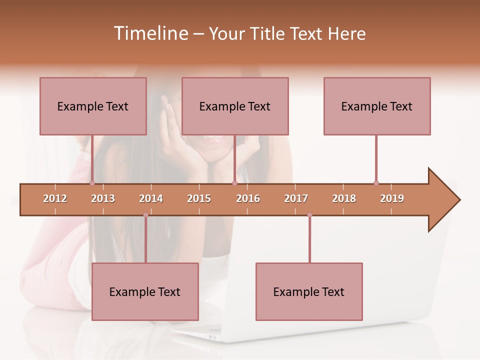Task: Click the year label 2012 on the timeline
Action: click(x=55, y=198)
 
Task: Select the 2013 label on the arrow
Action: click(x=103, y=198)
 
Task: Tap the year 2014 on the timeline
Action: click(x=151, y=198)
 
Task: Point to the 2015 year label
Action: click(x=199, y=198)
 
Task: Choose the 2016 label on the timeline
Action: click(x=248, y=198)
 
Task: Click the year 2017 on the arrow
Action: click(x=296, y=198)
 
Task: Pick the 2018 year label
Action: click(x=344, y=198)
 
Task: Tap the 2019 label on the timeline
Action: click(x=392, y=198)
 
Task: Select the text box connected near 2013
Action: click(x=93, y=106)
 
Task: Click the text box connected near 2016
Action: click(x=235, y=106)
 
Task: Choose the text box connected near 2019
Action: click(x=377, y=106)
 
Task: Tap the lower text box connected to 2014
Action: click(x=145, y=291)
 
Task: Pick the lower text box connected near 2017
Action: click(x=309, y=291)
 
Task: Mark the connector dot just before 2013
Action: click(x=92, y=183)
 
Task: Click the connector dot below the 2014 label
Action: click(x=145, y=215)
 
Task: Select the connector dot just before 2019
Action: click(x=376, y=183)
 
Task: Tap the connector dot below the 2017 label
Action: click(x=309, y=215)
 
